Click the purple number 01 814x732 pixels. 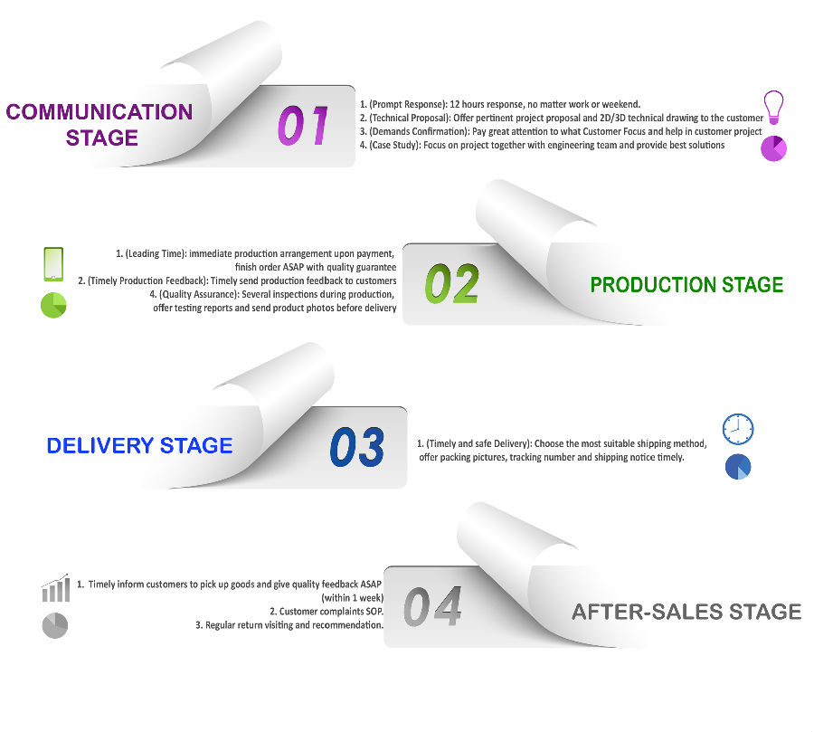point(303,125)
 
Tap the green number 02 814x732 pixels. point(451,283)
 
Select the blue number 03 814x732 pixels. point(357,447)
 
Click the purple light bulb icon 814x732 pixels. point(773,107)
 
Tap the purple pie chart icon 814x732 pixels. point(773,148)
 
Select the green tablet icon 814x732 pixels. point(53,264)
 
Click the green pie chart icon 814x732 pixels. point(53,305)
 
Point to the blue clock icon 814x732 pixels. point(738,429)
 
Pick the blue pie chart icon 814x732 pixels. point(738,467)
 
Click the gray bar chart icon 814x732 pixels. point(55,587)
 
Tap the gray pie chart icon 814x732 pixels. point(55,625)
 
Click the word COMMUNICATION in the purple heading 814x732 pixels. point(99,111)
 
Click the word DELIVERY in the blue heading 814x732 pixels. point(100,446)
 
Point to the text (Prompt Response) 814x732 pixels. point(408,104)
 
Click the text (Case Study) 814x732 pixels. point(394,145)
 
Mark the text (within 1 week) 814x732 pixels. point(353,598)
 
